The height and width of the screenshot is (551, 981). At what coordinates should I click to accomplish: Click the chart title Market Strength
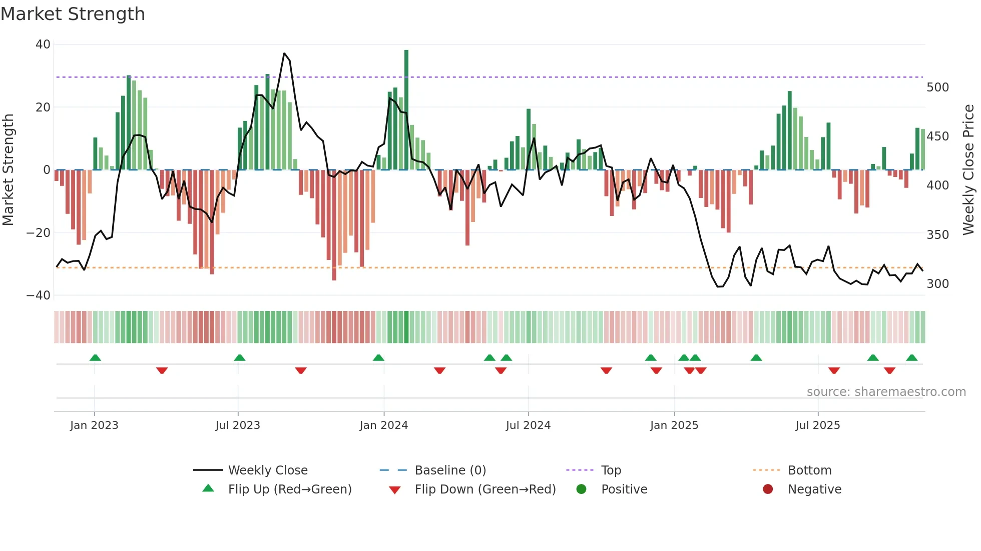[73, 14]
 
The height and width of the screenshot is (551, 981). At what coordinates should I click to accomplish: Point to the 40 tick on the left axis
[43, 44]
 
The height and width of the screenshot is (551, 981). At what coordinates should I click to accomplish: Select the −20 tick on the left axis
[39, 232]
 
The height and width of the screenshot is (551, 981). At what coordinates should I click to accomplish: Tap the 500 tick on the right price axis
[937, 87]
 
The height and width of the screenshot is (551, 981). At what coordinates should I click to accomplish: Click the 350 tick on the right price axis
[937, 235]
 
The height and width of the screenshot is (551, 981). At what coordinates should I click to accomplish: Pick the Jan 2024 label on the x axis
[383, 425]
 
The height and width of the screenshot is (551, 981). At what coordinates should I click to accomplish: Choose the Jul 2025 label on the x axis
[817, 425]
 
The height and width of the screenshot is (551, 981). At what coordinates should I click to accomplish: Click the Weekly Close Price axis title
[968, 170]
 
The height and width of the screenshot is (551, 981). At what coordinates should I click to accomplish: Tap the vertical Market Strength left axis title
[9, 170]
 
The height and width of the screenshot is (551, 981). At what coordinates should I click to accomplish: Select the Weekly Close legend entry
[268, 470]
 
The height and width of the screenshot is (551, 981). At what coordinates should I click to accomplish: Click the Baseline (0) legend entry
[450, 470]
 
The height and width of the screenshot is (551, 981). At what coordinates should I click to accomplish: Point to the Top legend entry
[611, 470]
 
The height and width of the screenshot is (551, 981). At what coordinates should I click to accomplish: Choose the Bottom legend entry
[809, 470]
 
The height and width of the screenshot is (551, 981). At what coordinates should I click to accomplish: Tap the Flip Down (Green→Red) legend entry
[485, 489]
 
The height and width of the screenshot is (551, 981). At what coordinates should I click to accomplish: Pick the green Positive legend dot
[581, 489]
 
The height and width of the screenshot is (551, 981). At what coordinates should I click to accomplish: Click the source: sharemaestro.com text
[886, 392]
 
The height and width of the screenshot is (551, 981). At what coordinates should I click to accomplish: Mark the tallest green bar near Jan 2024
[406, 110]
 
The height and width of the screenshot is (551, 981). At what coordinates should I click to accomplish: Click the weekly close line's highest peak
[284, 53]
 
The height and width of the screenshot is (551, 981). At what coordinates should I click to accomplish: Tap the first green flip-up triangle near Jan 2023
[95, 357]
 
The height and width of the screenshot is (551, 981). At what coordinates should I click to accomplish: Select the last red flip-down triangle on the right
[889, 370]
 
